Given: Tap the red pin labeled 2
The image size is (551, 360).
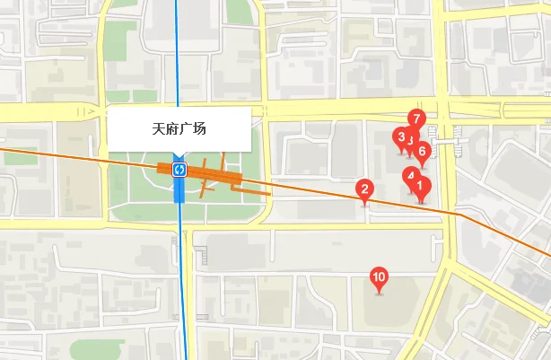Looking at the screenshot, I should pyautogui.click(x=364, y=189).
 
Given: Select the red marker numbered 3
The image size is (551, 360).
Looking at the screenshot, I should pyautogui.click(x=400, y=136).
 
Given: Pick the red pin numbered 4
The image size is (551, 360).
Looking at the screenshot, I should pyautogui.click(x=410, y=175).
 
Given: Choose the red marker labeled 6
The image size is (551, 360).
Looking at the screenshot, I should pyautogui.click(x=422, y=150).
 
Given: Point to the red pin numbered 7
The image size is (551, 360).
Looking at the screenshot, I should pyautogui.click(x=415, y=118).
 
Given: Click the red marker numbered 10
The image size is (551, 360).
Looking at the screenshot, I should pyautogui.click(x=379, y=277).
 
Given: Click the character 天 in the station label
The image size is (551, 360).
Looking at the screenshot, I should pyautogui.click(x=159, y=129).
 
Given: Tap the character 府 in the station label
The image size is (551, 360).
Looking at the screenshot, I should pyautogui.click(x=172, y=129).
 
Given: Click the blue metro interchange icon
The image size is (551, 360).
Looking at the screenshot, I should pyautogui.click(x=179, y=169).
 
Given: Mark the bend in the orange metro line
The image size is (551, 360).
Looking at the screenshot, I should pyautogui.click(x=459, y=215).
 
